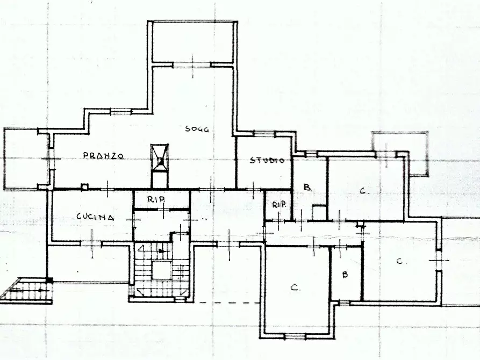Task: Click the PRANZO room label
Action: point(104,156)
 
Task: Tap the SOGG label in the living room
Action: point(197,129)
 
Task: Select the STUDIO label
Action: point(264,160)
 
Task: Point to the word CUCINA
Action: point(95,217)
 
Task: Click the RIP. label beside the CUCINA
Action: point(156,199)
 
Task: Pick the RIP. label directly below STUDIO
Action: point(278,205)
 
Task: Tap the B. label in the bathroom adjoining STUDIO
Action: point(307,188)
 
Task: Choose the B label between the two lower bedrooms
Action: point(345,275)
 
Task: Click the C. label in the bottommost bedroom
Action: point(295,288)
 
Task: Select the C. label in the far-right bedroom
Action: point(400,262)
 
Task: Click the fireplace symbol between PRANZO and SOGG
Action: point(160,160)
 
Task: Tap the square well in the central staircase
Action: point(161,270)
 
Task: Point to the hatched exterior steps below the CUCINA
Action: point(27,291)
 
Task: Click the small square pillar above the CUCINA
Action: point(84,187)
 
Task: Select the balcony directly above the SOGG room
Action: point(192,42)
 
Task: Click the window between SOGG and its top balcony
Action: point(192,65)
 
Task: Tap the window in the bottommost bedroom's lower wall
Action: point(294,336)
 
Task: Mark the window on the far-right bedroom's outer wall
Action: point(440,261)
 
